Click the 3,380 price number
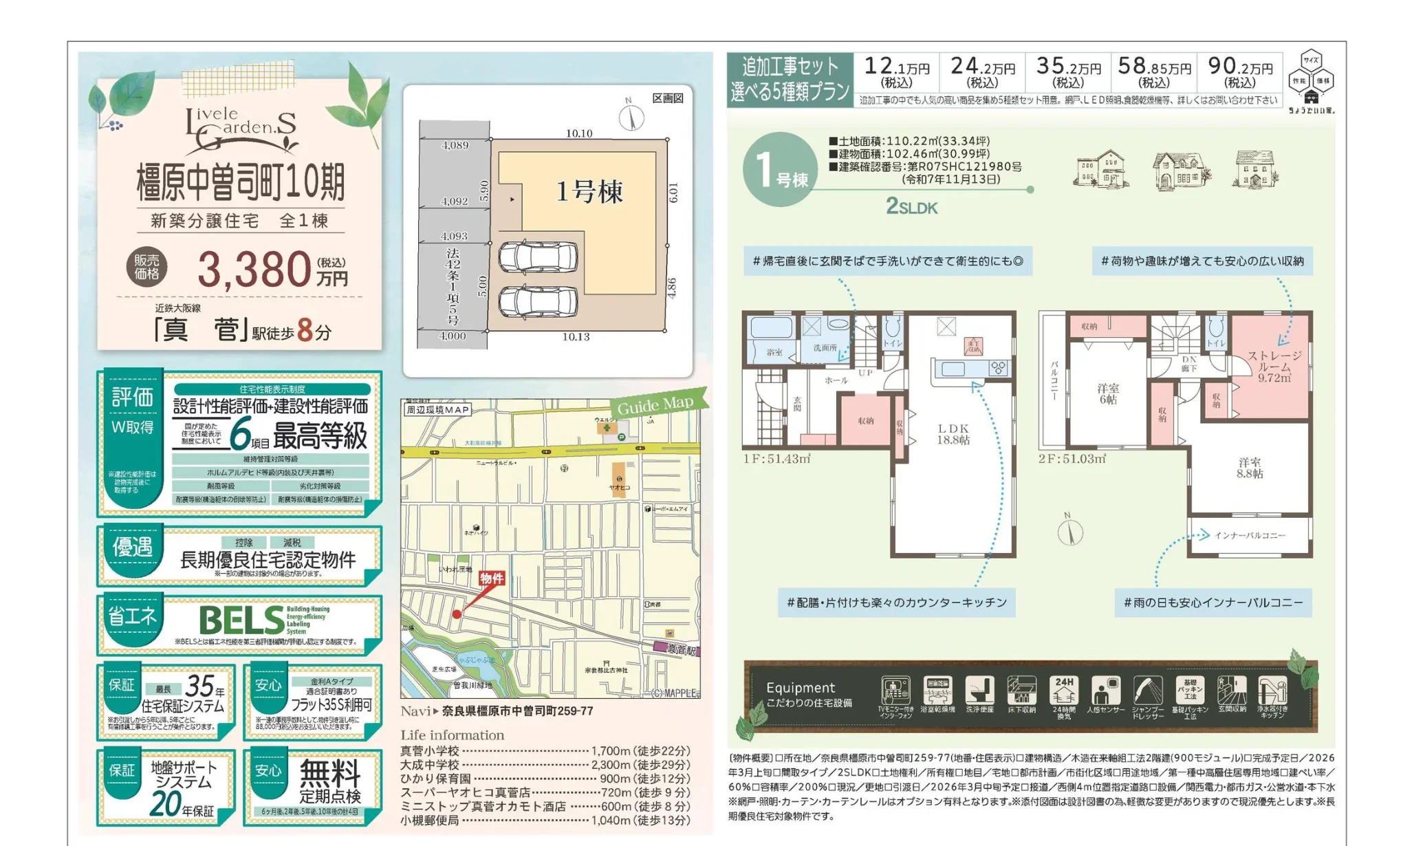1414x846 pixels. click(x=253, y=269)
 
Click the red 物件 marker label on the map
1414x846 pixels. click(x=491, y=578)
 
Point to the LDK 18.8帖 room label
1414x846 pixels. click(x=953, y=434)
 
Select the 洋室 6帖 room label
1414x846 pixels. click(x=1107, y=393)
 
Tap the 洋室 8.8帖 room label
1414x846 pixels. click(x=1250, y=468)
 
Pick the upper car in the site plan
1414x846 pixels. click(x=538, y=258)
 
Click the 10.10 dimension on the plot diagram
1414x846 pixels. click(x=578, y=133)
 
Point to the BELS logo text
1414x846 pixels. click(x=241, y=620)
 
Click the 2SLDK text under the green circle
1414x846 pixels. click(x=911, y=206)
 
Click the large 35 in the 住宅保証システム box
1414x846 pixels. click(x=200, y=686)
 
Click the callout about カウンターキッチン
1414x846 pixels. click(x=896, y=603)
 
